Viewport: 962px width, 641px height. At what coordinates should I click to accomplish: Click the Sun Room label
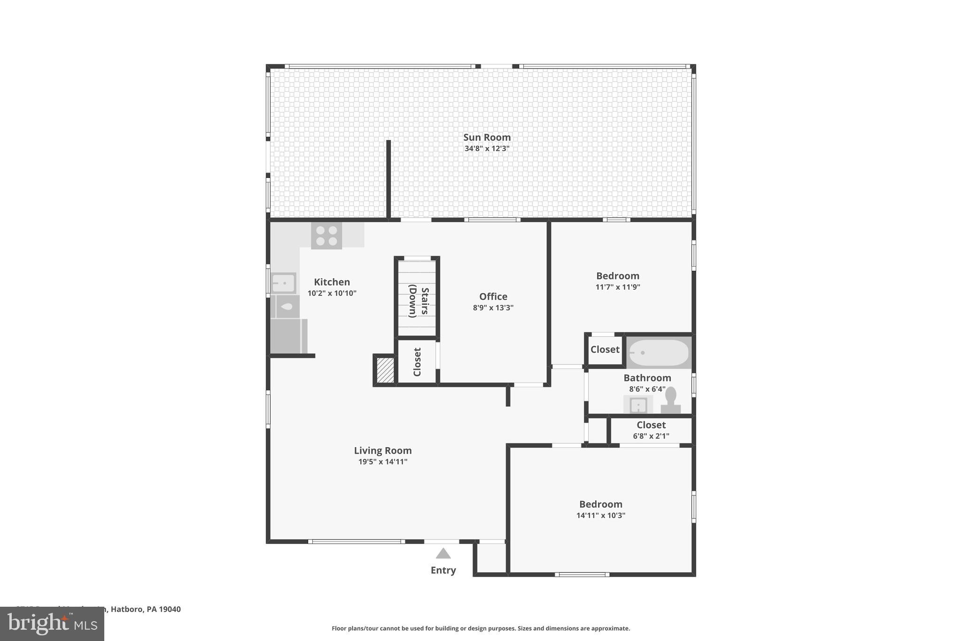487,137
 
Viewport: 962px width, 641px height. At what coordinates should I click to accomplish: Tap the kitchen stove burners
326,236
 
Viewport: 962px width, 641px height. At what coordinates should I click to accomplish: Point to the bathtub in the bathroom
659,353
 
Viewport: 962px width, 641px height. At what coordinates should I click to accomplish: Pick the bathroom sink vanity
638,405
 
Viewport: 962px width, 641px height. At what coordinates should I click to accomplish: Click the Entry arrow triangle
443,554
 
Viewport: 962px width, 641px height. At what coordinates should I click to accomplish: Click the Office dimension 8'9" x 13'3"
493,308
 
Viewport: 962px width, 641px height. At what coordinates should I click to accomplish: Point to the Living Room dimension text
382,462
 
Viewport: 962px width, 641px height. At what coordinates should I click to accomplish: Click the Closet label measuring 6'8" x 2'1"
651,425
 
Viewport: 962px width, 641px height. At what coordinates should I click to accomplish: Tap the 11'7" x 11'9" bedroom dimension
618,287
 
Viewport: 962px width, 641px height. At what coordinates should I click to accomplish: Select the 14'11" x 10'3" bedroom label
600,504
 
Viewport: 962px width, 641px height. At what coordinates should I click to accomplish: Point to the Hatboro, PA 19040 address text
146,609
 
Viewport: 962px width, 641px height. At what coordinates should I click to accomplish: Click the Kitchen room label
332,282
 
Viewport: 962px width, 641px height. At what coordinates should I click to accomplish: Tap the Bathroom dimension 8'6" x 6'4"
647,389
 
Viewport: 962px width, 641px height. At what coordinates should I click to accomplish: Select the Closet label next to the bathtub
605,349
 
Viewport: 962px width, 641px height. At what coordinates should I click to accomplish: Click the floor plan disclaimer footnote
481,628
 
